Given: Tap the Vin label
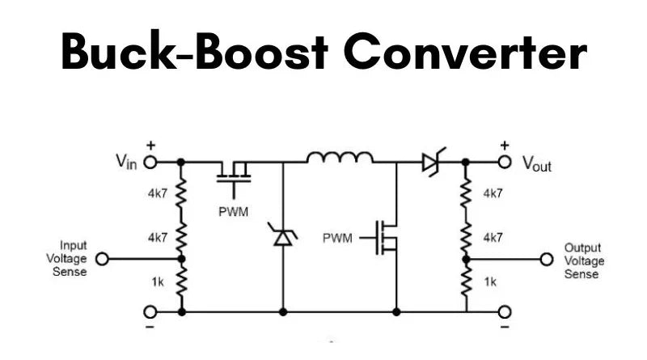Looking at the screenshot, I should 125,162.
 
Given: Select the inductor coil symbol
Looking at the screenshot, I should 340,157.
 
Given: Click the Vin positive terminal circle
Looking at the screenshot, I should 150,162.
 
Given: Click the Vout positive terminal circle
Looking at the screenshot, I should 505,162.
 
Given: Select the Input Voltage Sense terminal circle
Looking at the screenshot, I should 102,259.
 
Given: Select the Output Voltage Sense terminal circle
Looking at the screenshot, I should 547,260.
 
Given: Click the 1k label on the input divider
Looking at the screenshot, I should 159,282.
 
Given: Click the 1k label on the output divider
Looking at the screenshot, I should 491,282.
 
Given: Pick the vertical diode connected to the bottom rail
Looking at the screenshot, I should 283,237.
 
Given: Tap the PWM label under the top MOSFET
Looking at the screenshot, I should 235,211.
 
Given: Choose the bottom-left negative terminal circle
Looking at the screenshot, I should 150,311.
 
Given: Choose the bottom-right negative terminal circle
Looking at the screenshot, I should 505,311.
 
